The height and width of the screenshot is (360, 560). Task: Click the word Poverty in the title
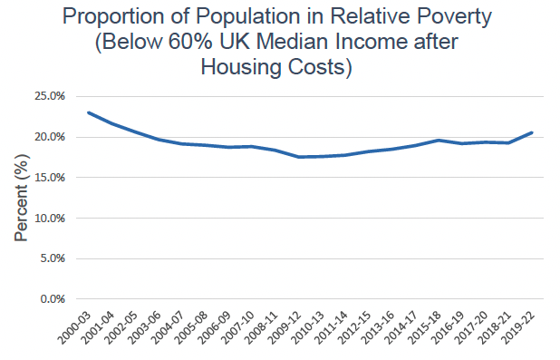455,17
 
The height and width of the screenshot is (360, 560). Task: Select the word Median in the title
294,42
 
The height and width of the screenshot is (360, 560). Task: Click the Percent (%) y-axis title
22,198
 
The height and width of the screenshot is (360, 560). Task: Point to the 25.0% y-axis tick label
50,96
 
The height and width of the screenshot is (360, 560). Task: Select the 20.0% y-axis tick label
50,137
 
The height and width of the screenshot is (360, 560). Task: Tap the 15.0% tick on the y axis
50,178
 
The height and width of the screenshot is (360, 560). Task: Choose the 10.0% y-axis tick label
50,218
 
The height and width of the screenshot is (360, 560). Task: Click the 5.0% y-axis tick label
53,258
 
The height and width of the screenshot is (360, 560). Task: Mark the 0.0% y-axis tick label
53,299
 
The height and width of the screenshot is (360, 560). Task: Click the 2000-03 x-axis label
74,328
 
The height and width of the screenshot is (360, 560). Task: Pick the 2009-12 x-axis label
285,328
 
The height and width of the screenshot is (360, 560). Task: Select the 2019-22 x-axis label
519,328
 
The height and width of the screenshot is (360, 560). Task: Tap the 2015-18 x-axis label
426,328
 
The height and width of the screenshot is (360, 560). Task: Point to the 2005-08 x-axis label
192,328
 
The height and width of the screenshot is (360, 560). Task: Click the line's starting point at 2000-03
88,112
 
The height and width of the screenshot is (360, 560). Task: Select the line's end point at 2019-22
532,132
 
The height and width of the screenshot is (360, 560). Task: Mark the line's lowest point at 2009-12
299,157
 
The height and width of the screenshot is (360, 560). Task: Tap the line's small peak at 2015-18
439,141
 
